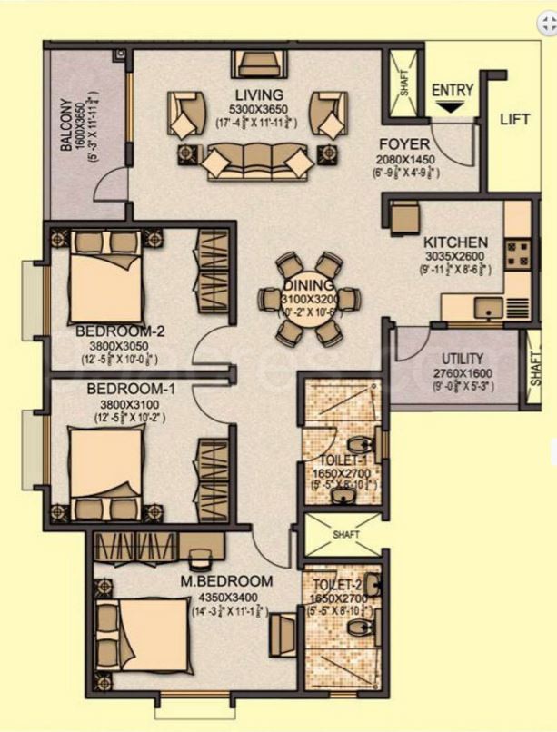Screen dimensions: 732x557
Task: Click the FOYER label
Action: [x=400, y=143]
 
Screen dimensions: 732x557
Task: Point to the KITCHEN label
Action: [x=455, y=243]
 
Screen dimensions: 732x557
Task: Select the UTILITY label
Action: [x=463, y=359]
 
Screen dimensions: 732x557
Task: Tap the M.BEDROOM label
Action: [x=239, y=581]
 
